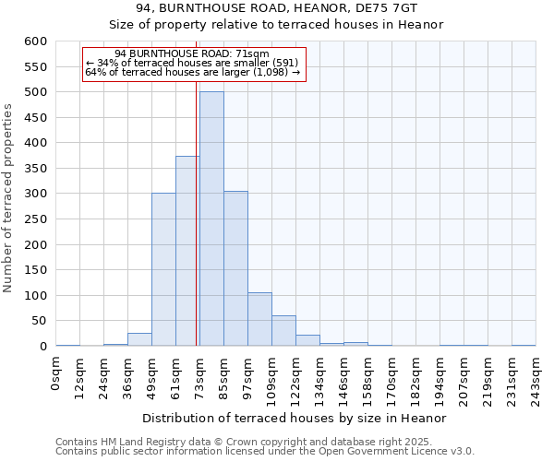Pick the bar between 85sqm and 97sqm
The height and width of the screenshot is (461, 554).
click(x=235, y=268)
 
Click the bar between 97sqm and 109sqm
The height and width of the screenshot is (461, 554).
click(x=259, y=319)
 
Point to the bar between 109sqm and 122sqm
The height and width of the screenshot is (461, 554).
click(x=283, y=331)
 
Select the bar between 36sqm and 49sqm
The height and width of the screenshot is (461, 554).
click(x=139, y=339)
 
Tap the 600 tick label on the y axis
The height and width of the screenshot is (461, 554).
click(x=35, y=41)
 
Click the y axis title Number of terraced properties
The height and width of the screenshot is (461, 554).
click(x=8, y=198)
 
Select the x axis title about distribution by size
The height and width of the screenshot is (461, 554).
click(x=295, y=418)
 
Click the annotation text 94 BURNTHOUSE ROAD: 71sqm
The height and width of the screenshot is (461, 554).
click(x=193, y=53)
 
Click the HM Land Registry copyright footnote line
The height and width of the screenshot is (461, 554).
click(x=262, y=442)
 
